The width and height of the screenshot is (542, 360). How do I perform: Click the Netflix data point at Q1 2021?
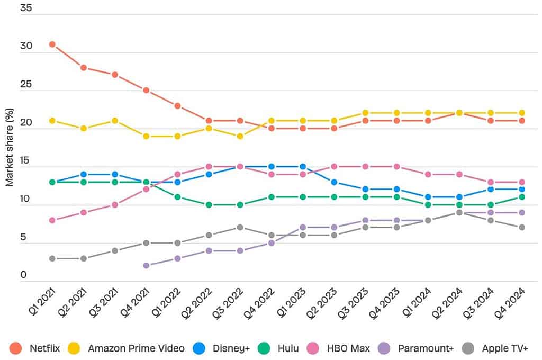point(52,44)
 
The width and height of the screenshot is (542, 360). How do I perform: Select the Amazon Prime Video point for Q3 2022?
point(240,136)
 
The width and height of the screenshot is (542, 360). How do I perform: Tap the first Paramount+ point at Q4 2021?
point(146,266)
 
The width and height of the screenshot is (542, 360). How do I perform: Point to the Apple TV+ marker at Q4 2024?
point(521,228)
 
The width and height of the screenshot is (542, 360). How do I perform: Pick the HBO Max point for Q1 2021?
point(52,220)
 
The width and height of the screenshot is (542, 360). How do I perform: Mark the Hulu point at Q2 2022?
point(209,205)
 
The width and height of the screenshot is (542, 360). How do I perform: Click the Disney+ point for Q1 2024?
point(428,197)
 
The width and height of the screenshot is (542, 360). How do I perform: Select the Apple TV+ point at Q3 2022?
point(240,228)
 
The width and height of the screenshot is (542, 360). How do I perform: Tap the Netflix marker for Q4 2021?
point(146,91)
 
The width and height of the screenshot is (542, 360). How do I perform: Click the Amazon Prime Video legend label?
point(136,348)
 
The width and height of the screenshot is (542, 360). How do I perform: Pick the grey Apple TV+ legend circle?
point(468,348)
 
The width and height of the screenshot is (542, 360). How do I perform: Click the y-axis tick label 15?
point(26,160)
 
